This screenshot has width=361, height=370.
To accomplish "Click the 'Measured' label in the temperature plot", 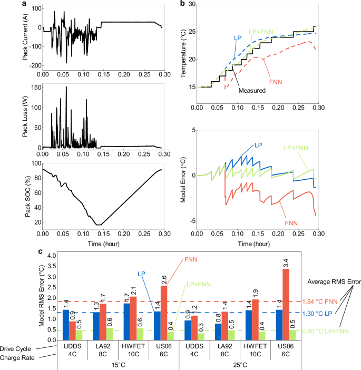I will click(x=249, y=90).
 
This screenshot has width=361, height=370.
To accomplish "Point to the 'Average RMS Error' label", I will click(x=334, y=281).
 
